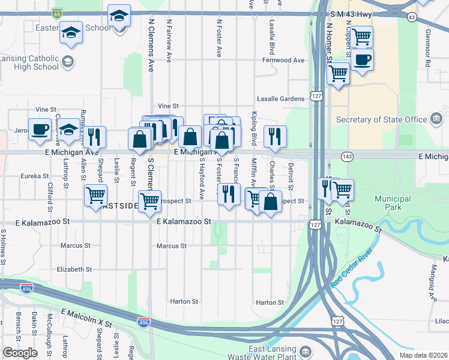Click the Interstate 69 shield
pyautogui.click(x=57, y=12)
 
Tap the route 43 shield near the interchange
pyautogui.click(x=411, y=17)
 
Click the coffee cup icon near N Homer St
pyautogui.click(x=362, y=61)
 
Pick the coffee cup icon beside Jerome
pyautogui.click(x=40, y=129)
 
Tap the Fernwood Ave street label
pyautogui.click(x=283, y=61)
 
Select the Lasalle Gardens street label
pyautogui.click(x=281, y=98)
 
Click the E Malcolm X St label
pyautogui.click(x=86, y=318)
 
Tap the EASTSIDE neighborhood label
pyautogui.click(x=119, y=206)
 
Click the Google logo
pyautogui.click(x=20, y=353)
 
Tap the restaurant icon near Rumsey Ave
pyautogui.click(x=94, y=137)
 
